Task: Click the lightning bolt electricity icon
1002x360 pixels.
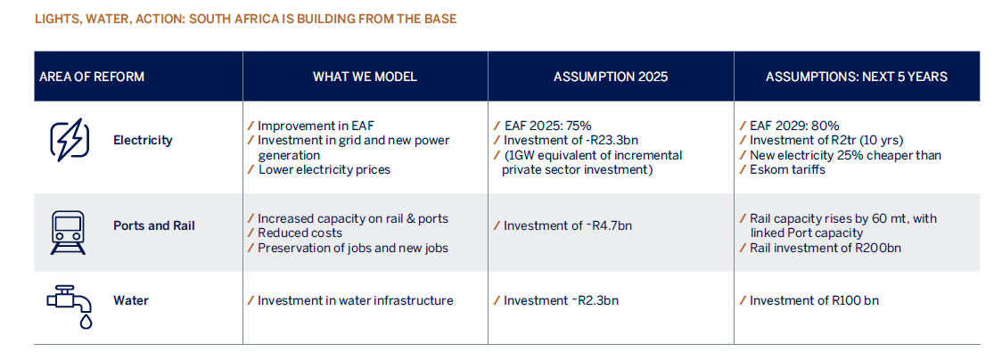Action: [69, 140]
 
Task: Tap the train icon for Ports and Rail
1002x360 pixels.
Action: [69, 231]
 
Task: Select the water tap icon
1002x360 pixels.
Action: [69, 306]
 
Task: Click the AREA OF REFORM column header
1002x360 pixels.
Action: [92, 77]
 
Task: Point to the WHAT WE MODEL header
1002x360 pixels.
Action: [365, 77]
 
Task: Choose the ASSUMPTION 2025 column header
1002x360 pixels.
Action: [610, 77]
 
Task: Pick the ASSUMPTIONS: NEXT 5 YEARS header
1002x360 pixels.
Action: [856, 77]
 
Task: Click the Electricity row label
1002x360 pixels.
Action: [143, 140]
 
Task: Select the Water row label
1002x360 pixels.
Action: [131, 300]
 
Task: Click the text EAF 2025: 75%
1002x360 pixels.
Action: [547, 127]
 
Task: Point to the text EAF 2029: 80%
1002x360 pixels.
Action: [794, 127]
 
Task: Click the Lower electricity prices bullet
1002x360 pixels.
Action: [324, 169]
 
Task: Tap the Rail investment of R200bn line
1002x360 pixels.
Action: [825, 247]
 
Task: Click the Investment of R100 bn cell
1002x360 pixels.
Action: [813, 300]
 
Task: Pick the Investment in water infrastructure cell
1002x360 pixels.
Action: [355, 300]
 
